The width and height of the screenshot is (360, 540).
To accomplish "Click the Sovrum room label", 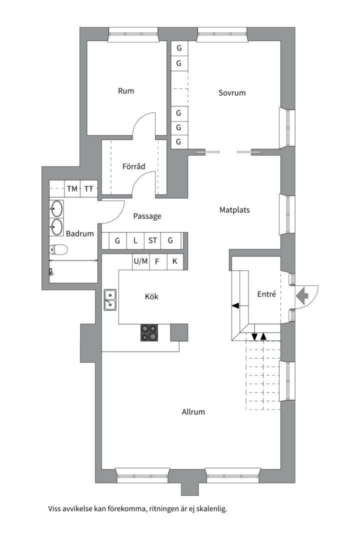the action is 232,92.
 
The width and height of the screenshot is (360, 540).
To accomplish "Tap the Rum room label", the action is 125,91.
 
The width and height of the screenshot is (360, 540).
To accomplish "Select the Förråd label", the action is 133,166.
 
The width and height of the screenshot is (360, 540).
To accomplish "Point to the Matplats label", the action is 234,209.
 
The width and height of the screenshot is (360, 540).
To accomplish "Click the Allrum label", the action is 193,411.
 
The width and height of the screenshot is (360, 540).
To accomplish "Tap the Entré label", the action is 266,294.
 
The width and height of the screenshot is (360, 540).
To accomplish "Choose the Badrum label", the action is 79,233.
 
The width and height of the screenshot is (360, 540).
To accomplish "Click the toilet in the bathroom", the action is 58,249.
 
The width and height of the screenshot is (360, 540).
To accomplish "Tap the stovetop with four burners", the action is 149,332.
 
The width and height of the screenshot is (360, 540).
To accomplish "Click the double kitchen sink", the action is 110,300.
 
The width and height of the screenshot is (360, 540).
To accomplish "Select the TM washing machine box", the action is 72,188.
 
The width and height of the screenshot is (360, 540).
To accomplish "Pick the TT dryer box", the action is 89,188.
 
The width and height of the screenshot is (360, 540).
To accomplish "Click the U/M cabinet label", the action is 140,261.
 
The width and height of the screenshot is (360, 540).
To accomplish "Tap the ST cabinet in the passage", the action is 152,240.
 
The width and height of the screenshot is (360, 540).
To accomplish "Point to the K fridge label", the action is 174,261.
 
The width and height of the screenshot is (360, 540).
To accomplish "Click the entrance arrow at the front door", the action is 302,296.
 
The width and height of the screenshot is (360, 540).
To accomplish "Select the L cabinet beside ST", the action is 135,240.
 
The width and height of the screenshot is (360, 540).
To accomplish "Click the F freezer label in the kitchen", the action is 157,262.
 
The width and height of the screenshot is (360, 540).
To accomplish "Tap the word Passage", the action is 147,216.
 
